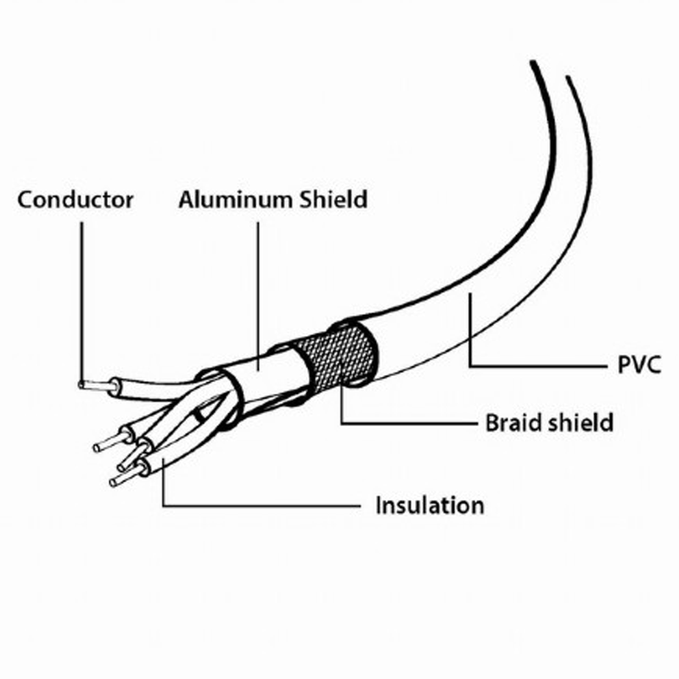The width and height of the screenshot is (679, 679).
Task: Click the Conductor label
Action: pyautogui.click(x=76, y=199)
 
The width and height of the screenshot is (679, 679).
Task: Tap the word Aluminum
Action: pyautogui.click(x=235, y=199)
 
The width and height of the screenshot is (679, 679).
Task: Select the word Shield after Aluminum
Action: pyautogui.click(x=334, y=199)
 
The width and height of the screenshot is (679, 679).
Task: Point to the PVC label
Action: pyautogui.click(x=639, y=365)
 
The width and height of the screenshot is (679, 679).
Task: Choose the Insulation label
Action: pyautogui.click(x=430, y=505)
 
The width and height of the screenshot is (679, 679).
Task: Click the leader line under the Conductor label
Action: pyautogui.click(x=81, y=302)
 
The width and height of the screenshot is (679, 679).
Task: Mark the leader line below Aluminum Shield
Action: pyautogui.click(x=259, y=295)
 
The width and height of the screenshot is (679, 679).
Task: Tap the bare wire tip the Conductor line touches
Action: pyautogui.click(x=94, y=385)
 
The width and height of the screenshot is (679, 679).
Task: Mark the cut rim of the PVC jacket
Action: pyautogui.click(x=354, y=353)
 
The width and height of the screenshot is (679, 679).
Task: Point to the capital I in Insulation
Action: pyautogui.click(x=379, y=505)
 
